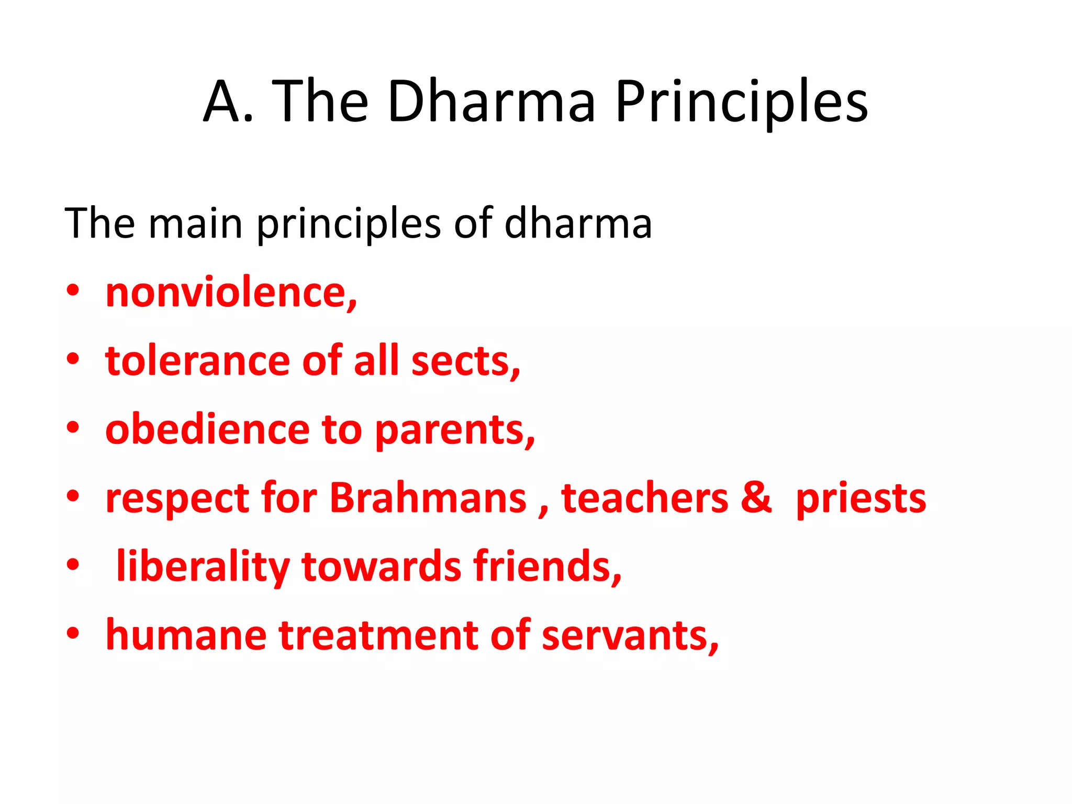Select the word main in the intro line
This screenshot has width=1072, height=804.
195,224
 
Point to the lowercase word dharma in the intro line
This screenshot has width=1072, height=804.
578,224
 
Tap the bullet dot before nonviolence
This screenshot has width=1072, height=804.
73,291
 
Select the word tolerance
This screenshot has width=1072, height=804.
197,361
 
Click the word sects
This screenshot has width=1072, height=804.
464,361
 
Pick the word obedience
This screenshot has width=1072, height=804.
207,430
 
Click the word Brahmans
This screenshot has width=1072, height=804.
428,498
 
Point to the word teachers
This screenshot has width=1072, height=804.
644,498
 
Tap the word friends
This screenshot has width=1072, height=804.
545,566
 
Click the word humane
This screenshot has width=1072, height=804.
186,635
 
